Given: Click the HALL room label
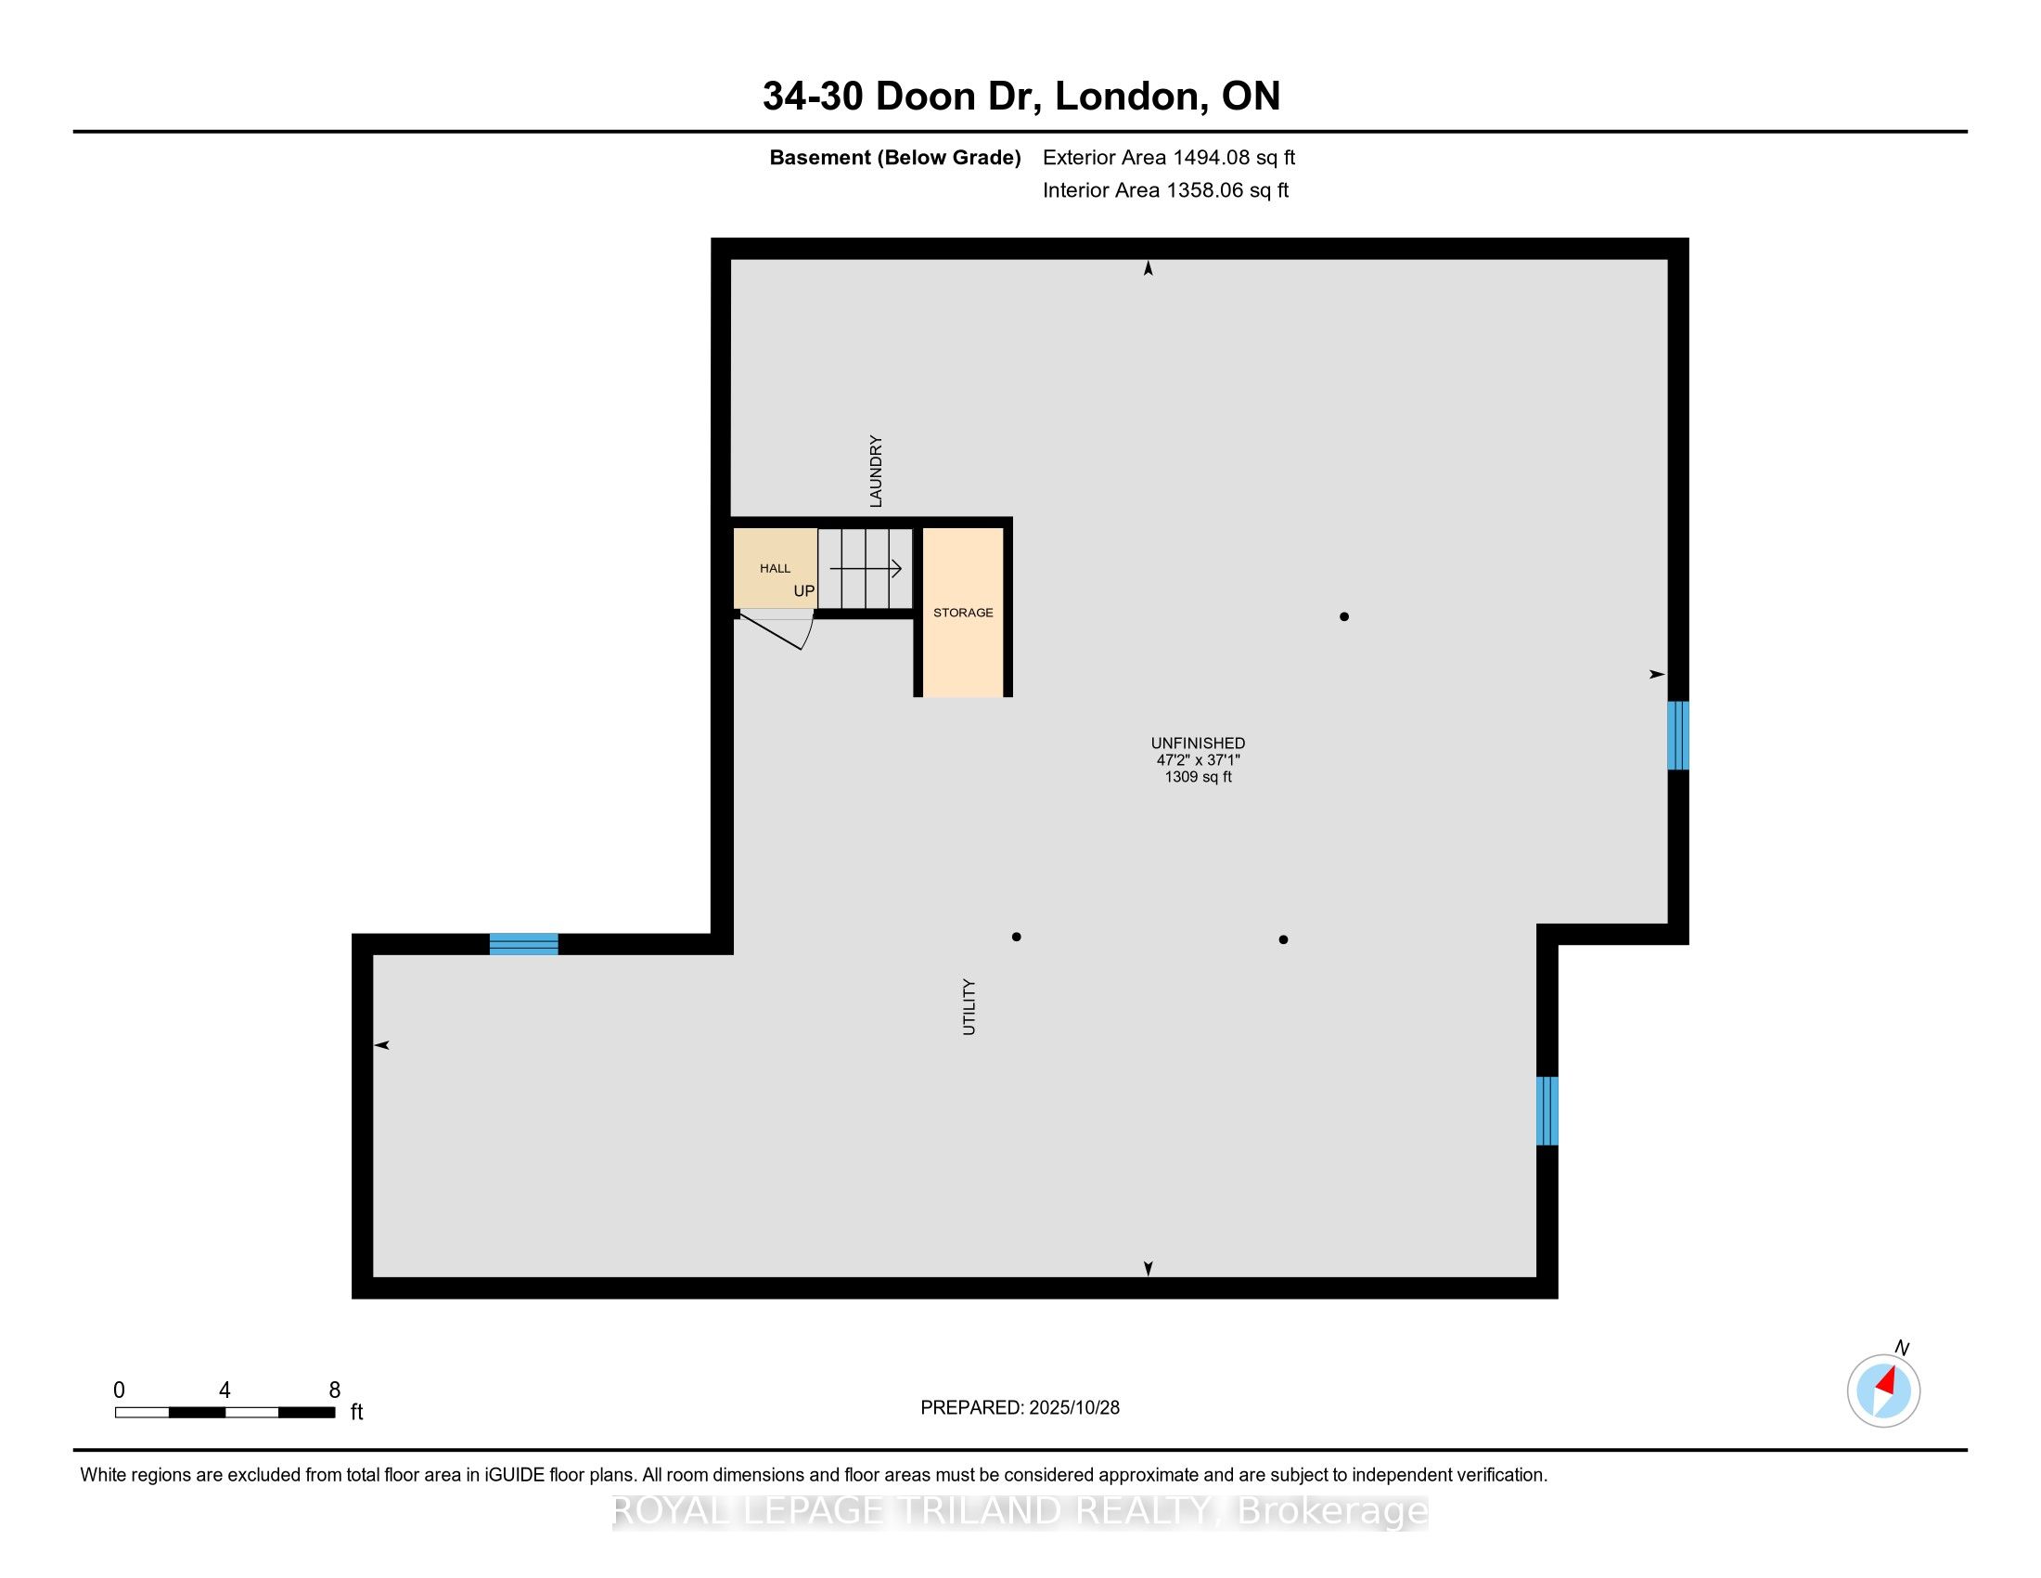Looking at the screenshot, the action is tap(775, 568).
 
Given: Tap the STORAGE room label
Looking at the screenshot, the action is tap(963, 613).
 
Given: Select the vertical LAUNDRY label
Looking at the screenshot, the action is tap(876, 472).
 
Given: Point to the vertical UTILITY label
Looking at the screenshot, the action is tap(969, 1007).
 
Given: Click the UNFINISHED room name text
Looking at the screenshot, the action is tap(1198, 744).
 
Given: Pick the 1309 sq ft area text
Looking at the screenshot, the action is tap(1198, 777).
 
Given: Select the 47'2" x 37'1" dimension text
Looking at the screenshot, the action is tap(1198, 760).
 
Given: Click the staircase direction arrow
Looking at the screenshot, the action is tap(866, 568).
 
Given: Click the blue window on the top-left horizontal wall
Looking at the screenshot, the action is tap(523, 944).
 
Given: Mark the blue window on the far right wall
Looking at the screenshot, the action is tap(1678, 736).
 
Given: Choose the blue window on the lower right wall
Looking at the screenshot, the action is tap(1547, 1110).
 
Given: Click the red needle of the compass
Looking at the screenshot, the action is tap(1886, 1381).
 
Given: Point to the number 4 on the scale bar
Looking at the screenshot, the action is tap(225, 1390).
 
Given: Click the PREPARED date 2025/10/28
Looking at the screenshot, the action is tap(1072, 1408).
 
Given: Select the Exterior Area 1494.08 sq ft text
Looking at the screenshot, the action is tap(1169, 157).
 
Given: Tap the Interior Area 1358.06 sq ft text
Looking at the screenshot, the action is tap(1165, 190).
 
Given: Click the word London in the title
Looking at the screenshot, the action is tap(1127, 97).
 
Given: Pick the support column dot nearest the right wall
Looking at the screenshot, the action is tap(1344, 616).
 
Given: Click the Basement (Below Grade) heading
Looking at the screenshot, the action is tap(894, 158).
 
